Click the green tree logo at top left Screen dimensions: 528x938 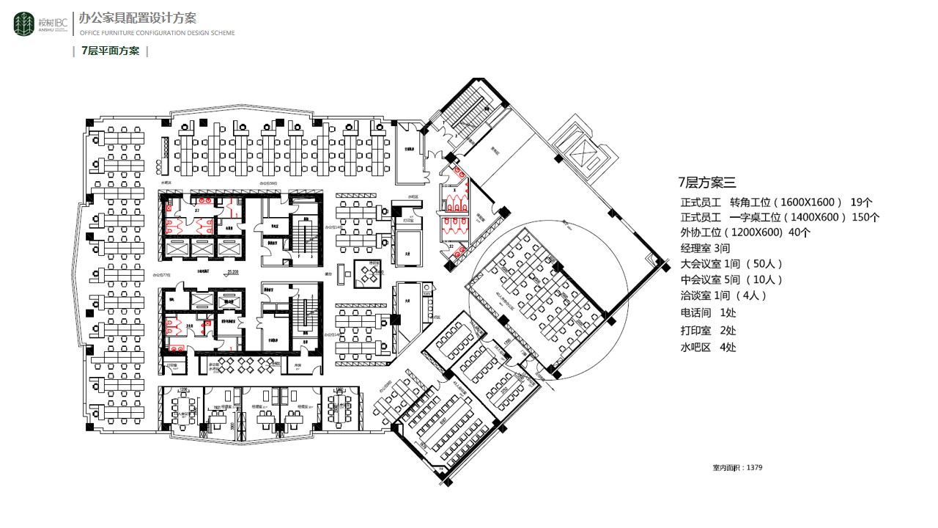[24, 23]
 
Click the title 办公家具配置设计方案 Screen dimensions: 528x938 [137, 18]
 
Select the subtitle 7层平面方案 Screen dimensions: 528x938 [111, 51]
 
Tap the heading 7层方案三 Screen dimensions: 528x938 [706, 183]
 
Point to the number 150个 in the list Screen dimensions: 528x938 [865, 217]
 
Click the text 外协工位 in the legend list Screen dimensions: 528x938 [701, 232]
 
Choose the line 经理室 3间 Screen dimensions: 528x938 [705, 249]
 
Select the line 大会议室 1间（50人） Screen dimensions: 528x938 [731, 264]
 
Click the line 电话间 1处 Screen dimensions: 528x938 [708, 313]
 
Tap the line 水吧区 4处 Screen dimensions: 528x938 [708, 347]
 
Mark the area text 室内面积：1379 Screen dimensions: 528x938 [737, 467]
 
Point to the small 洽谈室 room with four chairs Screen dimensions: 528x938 [369, 273]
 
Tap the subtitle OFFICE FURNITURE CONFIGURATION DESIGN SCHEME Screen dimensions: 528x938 [157, 33]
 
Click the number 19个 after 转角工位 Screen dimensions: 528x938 [861, 202]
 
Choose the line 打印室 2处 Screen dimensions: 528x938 [708, 331]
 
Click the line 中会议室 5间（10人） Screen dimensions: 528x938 [731, 279]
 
